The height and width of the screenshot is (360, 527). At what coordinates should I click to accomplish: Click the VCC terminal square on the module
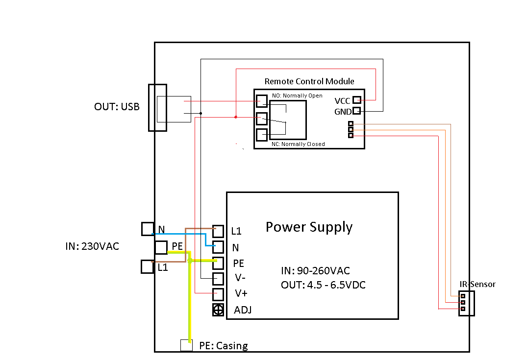357,100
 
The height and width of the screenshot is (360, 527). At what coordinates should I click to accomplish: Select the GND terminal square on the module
357,111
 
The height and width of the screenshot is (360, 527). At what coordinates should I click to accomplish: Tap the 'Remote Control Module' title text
309,81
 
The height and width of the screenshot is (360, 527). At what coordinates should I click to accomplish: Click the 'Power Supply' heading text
309,227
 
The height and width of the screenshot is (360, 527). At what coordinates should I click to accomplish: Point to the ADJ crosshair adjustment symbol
218,310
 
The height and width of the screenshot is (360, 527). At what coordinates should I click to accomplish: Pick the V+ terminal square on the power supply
218,294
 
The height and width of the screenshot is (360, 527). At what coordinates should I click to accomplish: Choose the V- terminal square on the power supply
218,278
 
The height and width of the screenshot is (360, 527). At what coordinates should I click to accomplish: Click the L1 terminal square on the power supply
218,231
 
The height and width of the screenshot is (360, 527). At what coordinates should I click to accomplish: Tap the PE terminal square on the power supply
218,263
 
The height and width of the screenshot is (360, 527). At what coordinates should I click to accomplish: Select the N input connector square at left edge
148,229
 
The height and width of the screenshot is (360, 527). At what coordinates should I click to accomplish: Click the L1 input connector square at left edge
148,266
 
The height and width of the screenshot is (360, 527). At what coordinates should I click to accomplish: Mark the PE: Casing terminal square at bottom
186,345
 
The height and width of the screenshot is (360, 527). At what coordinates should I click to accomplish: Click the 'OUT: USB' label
117,106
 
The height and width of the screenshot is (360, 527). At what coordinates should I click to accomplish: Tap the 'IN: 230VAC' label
92,246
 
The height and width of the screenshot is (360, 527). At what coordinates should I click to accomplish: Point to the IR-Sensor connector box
466,303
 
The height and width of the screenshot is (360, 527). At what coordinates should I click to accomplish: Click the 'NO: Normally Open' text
297,96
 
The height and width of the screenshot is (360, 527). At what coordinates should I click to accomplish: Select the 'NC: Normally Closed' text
298,144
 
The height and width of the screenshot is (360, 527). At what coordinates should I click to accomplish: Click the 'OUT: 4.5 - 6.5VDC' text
323,285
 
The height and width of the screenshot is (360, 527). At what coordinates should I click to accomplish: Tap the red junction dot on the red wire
236,117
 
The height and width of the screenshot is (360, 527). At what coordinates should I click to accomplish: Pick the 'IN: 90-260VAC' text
315,271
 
